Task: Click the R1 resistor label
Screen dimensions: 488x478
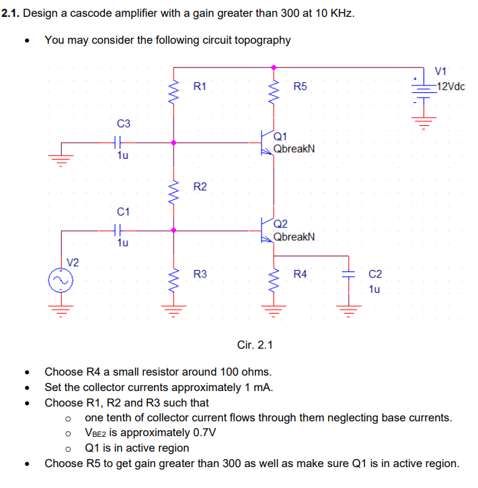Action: click(x=200, y=86)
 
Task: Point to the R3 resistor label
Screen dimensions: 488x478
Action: click(x=200, y=274)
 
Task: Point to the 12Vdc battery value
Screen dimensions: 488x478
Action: click(x=450, y=86)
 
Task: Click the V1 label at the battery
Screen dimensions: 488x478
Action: click(x=442, y=72)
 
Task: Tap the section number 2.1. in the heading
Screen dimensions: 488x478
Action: click(x=10, y=13)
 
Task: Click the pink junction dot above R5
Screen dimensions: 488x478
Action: click(x=274, y=67)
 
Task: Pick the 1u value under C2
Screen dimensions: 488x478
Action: click(x=374, y=289)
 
